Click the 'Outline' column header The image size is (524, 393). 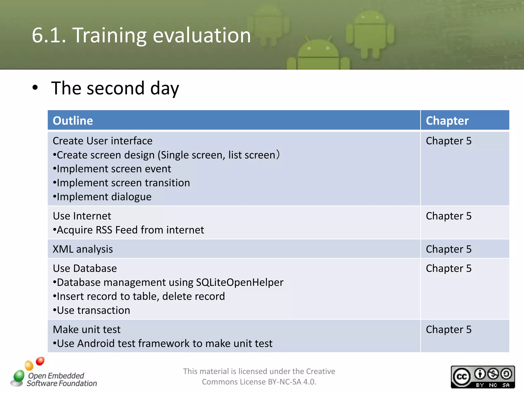point(73,121)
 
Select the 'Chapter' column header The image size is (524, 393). point(447,121)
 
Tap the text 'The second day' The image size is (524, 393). point(115,88)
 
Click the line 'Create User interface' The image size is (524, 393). point(102,141)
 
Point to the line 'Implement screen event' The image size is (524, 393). point(114,169)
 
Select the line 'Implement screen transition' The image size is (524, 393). point(123,183)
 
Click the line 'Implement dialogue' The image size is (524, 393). point(104,197)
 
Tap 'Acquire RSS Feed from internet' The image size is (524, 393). point(130,230)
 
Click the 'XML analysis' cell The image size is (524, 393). point(83,249)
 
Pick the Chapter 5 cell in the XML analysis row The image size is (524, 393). point(448,249)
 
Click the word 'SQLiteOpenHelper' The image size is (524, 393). point(239,282)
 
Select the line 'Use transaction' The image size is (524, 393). point(93,310)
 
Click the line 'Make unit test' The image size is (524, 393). point(86,330)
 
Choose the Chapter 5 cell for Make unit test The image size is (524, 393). point(448,330)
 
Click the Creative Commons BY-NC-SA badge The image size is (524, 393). point(483,377)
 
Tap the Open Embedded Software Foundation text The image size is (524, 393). point(61,379)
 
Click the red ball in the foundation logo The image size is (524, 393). point(40,361)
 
